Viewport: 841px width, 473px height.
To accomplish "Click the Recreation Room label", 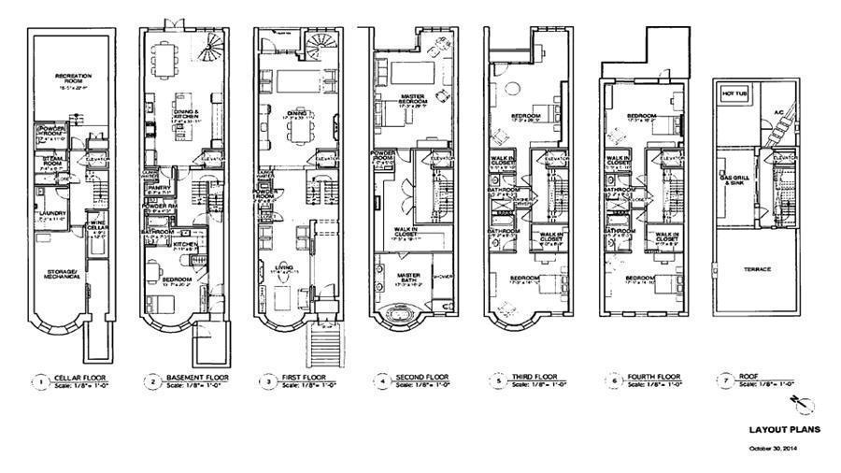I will [x=66, y=77].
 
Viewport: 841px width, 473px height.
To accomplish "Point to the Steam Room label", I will [x=49, y=164].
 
